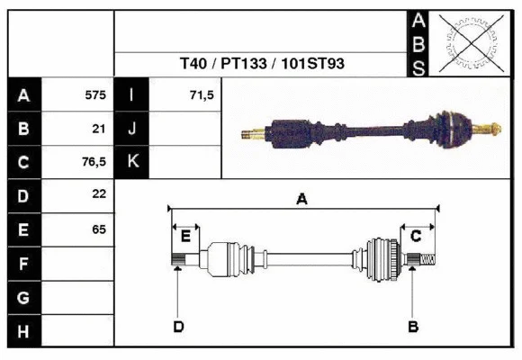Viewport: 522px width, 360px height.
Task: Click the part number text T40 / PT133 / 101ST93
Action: point(262,65)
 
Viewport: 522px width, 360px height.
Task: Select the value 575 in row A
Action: point(94,94)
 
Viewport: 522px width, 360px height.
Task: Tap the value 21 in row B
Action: point(99,128)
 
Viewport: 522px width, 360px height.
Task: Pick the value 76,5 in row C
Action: point(94,162)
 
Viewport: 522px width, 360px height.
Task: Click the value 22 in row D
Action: point(99,194)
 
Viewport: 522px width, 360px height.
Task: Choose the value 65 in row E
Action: point(99,229)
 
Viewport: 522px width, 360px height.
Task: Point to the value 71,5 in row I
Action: point(201,94)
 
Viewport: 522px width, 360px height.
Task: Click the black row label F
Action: point(23,264)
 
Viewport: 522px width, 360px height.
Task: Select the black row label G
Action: point(23,297)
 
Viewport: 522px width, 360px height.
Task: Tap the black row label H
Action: point(23,331)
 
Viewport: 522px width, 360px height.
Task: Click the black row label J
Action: point(131,128)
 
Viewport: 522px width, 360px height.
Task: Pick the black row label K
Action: point(131,162)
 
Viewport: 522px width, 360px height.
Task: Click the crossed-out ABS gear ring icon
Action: point(470,43)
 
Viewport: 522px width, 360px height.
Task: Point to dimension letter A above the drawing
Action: point(302,200)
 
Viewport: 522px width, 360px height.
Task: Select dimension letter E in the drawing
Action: point(185,237)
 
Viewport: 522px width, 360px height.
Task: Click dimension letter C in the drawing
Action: point(416,236)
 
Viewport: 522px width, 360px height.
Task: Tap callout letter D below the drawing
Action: point(178,326)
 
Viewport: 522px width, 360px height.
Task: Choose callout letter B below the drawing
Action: point(413,326)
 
